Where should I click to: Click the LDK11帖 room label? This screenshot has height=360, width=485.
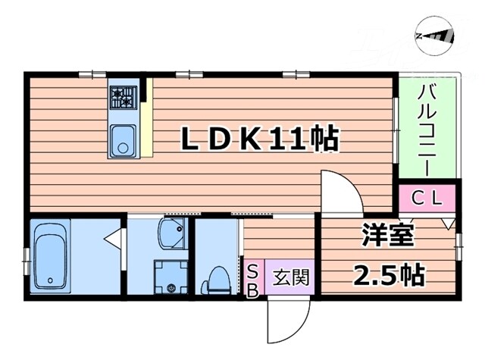(258, 139)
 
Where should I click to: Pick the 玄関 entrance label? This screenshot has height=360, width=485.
(290, 278)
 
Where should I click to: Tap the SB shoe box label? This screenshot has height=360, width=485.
(252, 279)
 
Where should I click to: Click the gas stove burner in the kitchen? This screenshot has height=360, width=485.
(122, 96)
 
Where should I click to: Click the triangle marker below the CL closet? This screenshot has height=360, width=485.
(448, 224)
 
